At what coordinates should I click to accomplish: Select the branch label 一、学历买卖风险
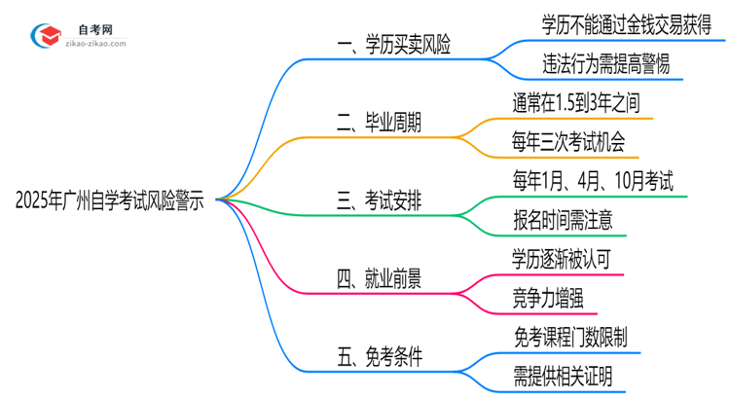click(393, 45)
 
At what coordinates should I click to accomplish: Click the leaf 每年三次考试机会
click(575, 142)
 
